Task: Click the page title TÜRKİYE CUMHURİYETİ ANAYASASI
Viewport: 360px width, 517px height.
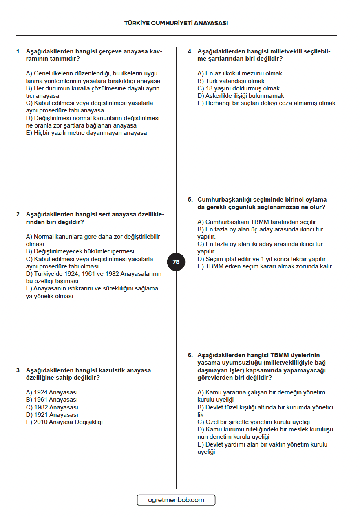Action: [176, 23]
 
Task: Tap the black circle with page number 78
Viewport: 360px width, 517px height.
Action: [176, 262]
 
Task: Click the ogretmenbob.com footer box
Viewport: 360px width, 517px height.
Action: [176, 500]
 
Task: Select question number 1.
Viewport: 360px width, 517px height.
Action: [18, 51]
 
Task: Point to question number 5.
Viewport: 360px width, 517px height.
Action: [190, 200]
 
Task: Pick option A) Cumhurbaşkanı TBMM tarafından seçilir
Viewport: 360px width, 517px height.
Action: [257, 222]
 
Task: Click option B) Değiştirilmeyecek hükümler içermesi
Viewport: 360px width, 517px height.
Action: [80, 251]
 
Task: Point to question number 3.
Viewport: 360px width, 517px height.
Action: [18, 370]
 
